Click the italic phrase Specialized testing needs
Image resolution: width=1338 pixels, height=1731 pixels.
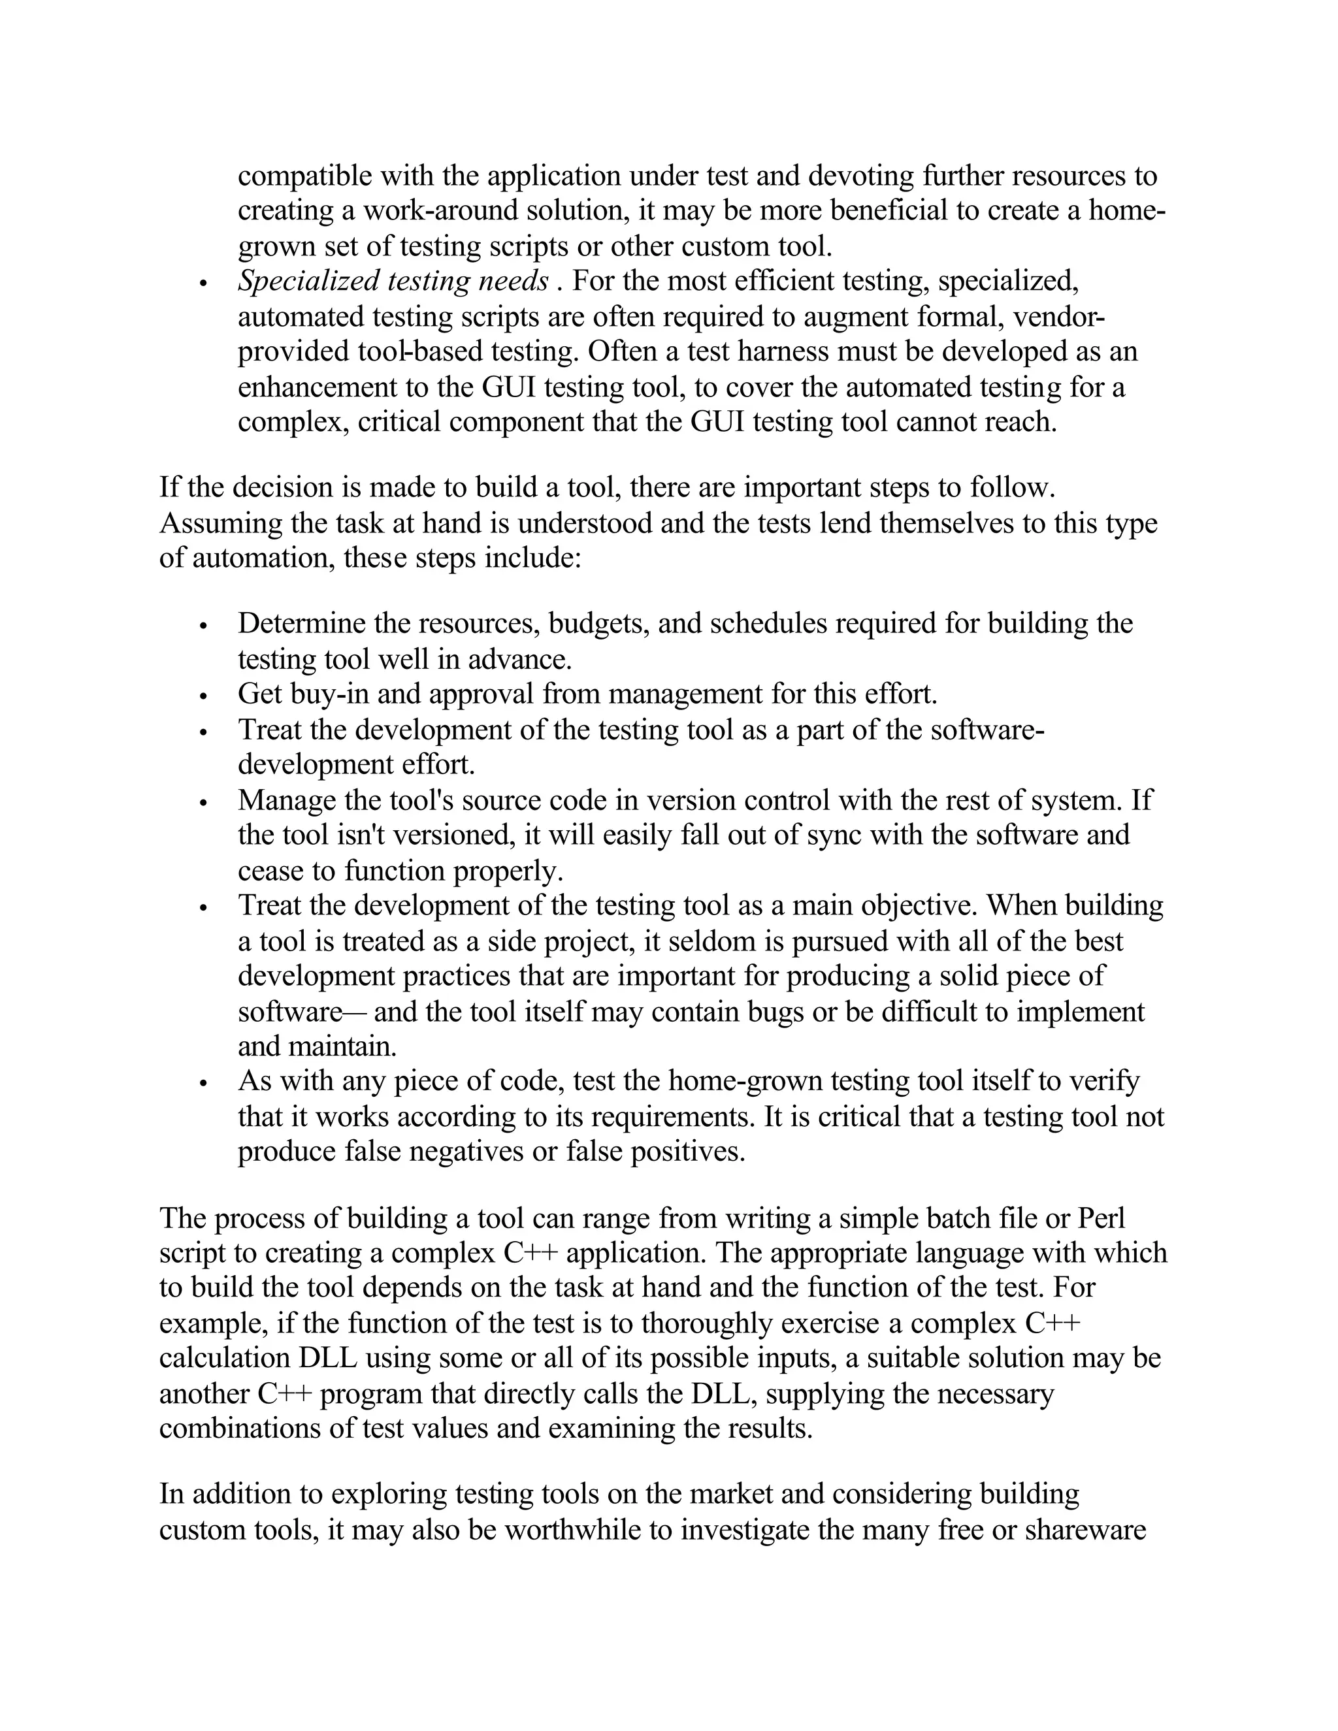(x=393, y=282)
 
